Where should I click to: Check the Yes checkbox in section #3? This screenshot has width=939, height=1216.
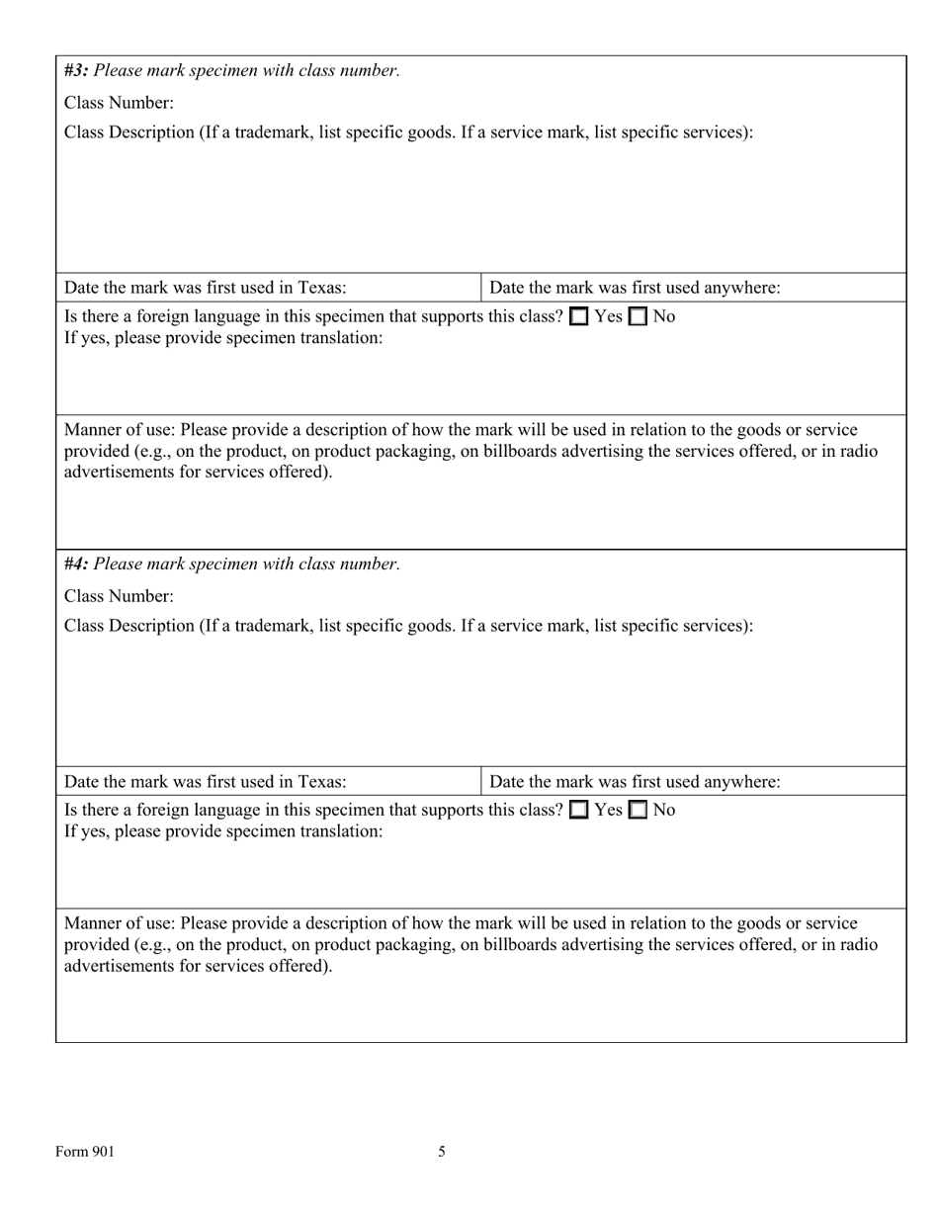579,317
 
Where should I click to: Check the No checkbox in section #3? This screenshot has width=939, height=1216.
638,317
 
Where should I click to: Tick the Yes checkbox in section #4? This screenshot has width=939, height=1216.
579,811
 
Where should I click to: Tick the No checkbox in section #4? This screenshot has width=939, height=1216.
638,811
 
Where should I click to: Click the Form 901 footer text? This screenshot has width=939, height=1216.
85,1151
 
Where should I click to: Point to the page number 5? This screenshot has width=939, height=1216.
442,1151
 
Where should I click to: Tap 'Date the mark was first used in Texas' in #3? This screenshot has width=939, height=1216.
205,288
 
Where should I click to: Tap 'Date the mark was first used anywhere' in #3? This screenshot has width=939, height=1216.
635,288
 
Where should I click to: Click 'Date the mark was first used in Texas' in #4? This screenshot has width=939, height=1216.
205,782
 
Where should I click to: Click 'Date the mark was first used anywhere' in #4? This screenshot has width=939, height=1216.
635,782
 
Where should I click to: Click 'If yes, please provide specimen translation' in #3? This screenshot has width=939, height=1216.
223,337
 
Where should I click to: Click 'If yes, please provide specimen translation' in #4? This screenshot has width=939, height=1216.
223,831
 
